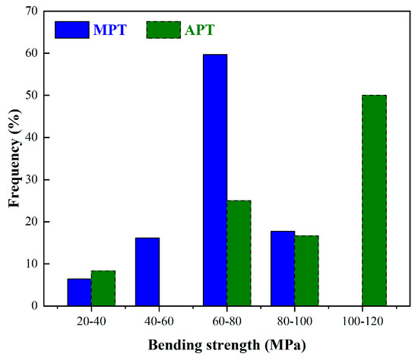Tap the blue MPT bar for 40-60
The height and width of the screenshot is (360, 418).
(x=147, y=272)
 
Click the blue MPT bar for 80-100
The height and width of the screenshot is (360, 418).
(x=283, y=268)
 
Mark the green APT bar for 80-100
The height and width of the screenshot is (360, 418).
(x=306, y=270)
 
